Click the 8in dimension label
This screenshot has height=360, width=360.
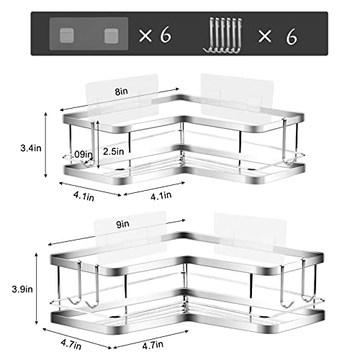[122, 91]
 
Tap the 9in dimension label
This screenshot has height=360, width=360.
[123, 224]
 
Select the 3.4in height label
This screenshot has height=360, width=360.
[31, 148]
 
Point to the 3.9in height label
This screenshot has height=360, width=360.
[22, 289]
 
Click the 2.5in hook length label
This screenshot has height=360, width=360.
[114, 151]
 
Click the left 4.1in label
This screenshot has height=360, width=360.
[84, 196]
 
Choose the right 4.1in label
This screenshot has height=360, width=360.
[161, 195]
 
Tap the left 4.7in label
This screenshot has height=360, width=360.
[71, 345]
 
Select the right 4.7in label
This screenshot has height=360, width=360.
[153, 345]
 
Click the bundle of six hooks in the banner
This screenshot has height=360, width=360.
[222, 35]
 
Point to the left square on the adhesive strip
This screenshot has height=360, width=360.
[66, 35]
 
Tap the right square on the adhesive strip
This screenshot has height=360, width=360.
[111, 36]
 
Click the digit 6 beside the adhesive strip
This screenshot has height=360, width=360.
[166, 35]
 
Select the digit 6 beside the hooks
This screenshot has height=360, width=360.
[292, 37]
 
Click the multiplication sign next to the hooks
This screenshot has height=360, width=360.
[265, 37]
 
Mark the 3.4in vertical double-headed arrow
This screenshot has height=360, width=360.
[46, 145]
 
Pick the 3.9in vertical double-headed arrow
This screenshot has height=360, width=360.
[37, 289]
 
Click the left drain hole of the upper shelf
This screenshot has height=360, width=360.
[119, 169]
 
